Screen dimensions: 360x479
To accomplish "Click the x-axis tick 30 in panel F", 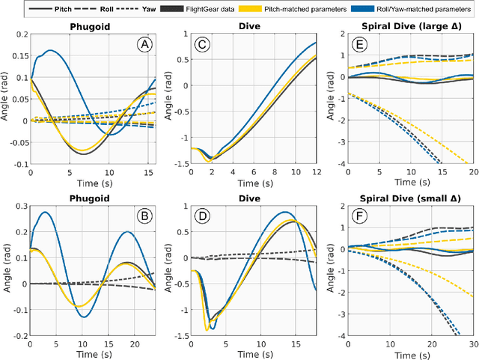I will [x=472, y=344].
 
